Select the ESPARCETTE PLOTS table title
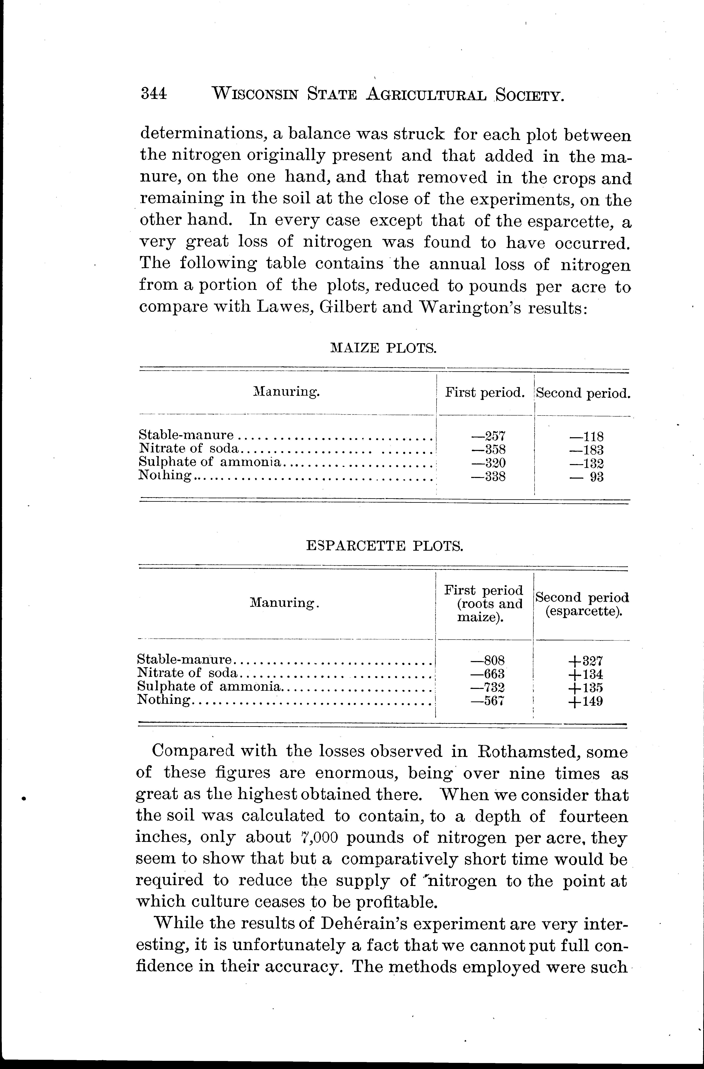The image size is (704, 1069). click(x=384, y=546)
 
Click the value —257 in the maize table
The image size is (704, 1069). click(x=489, y=436)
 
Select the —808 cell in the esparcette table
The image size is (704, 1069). click(x=488, y=660)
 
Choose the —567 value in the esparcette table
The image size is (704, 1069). click(x=488, y=701)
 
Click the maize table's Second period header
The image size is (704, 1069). click(x=583, y=393)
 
